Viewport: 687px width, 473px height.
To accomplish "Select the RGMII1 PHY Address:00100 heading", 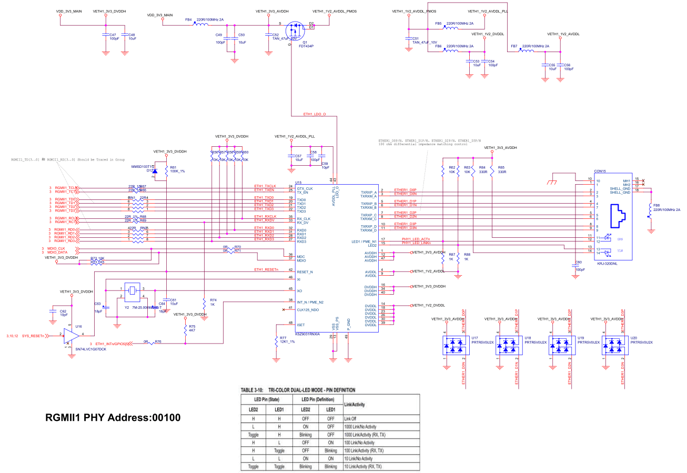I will tap(113, 418).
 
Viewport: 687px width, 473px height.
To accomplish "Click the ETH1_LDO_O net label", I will tap(314, 114).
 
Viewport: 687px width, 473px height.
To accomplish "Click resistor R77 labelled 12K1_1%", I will tap(276, 341).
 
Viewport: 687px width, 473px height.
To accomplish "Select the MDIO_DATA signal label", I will tap(56, 253).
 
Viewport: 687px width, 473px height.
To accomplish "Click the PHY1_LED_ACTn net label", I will tap(416, 239).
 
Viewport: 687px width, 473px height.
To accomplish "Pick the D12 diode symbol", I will tap(154, 170).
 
